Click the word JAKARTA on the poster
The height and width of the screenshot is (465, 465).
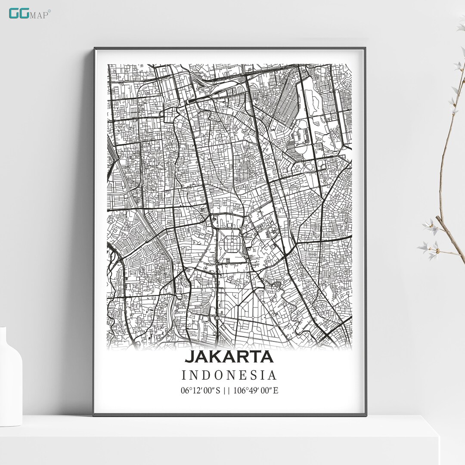[x=229, y=357]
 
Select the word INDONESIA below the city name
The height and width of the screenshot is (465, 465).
[x=229, y=375]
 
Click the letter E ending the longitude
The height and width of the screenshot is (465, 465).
[x=276, y=391]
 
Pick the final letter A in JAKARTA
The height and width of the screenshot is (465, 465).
[x=266, y=357]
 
